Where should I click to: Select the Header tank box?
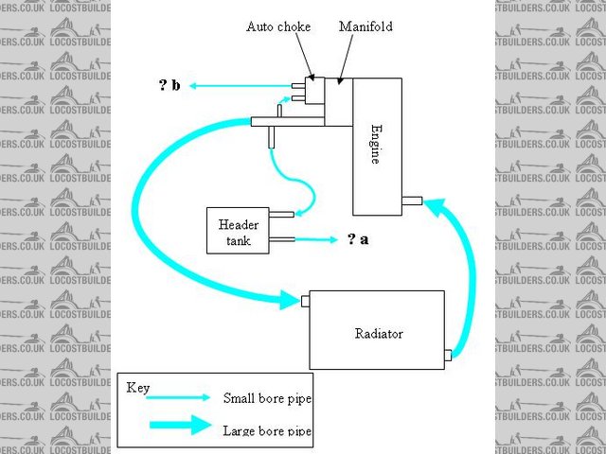point(238,231)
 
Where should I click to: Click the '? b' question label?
point(169,86)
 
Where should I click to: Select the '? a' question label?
point(358,239)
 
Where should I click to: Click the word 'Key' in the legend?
point(139,388)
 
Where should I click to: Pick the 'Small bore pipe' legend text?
point(267,398)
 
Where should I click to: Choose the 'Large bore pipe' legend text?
point(267,430)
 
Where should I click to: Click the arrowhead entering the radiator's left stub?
point(290,302)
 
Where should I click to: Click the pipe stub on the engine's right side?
point(412,200)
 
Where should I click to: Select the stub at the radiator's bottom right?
point(448,357)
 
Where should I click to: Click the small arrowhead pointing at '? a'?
point(333,239)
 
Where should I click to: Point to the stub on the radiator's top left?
point(305,302)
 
